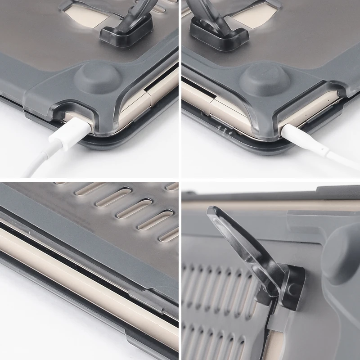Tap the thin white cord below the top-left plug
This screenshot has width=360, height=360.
(34, 166)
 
